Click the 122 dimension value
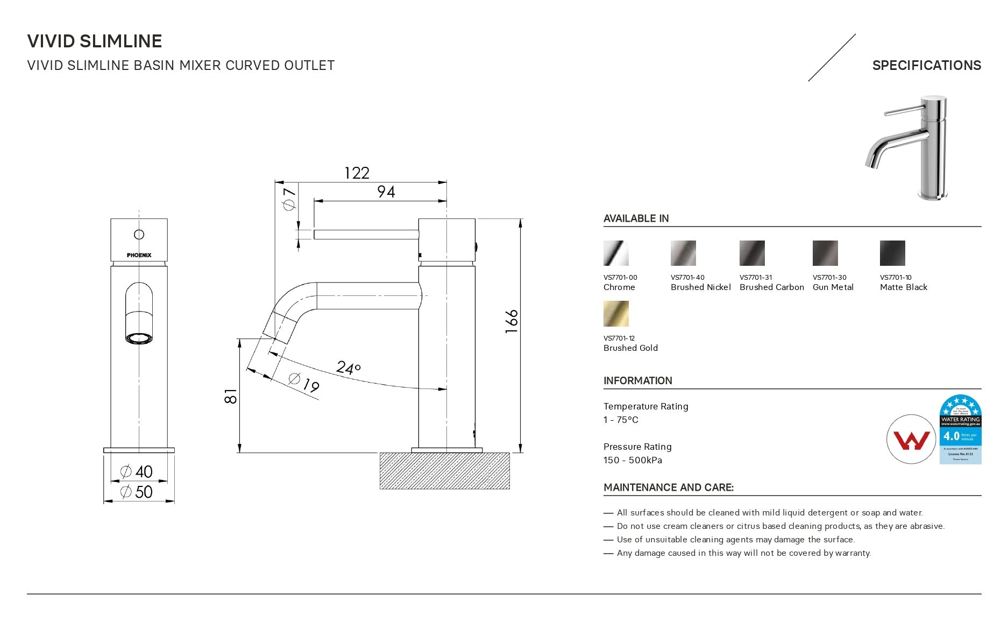tap(357, 173)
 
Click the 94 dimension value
tap(386, 192)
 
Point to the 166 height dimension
tap(512, 321)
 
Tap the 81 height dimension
tap(231, 396)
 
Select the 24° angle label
tap(348, 368)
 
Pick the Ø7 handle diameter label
tap(289, 199)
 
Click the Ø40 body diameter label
tap(137, 471)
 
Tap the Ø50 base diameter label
tap(137, 491)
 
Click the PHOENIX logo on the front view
tap(139, 255)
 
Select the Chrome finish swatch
tap(616, 253)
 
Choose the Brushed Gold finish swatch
tap(616, 314)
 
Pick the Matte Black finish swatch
tap(892, 253)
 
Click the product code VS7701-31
tap(756, 278)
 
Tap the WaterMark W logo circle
tap(911, 439)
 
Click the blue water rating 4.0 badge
tap(960, 429)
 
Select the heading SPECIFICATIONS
tap(926, 66)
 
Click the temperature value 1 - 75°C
tap(621, 420)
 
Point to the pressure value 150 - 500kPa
tap(633, 460)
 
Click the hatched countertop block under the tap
tap(444, 471)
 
